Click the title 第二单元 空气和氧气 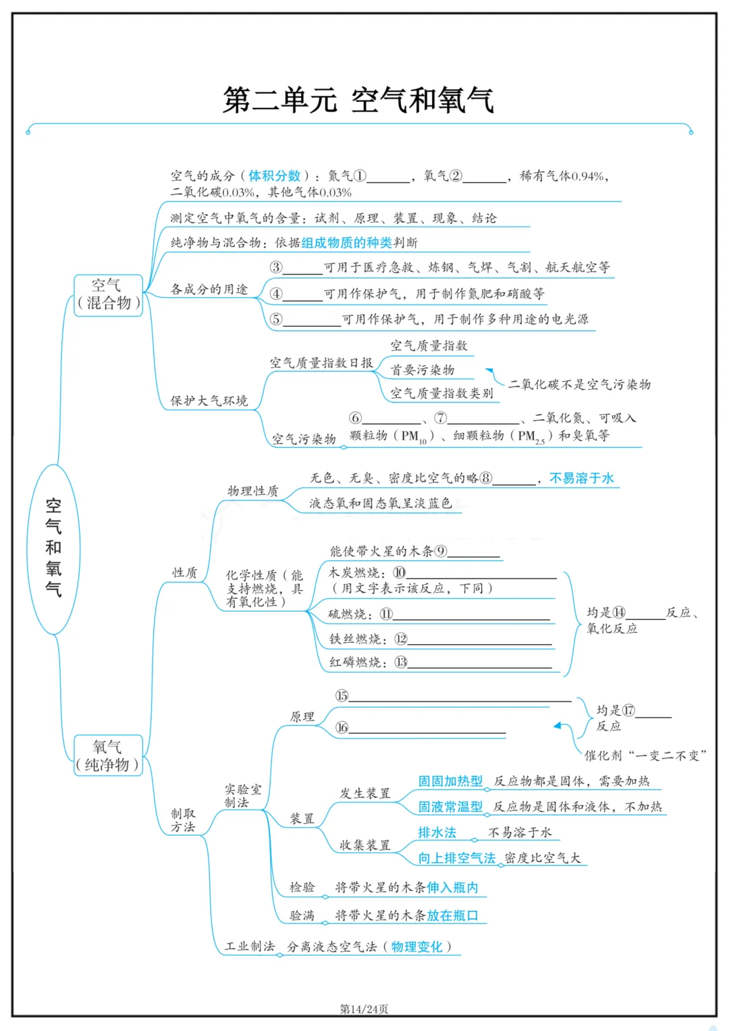[358, 100]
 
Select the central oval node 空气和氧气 [53, 548]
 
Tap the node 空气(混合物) [108, 294]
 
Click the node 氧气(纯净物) [108, 756]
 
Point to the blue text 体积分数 [274, 176]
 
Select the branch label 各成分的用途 [209, 289]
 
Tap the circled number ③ [276, 267]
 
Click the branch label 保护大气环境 [209, 400]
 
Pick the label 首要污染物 [423, 370]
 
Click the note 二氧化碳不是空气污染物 [579, 384]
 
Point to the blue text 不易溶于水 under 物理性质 [582, 478]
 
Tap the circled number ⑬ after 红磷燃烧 [401, 662]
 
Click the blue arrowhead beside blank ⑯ [558, 726]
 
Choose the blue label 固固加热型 [450, 781]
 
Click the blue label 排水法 [437, 832]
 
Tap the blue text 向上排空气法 [456, 858]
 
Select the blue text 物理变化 [416, 947]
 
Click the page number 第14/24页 [364, 1009]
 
